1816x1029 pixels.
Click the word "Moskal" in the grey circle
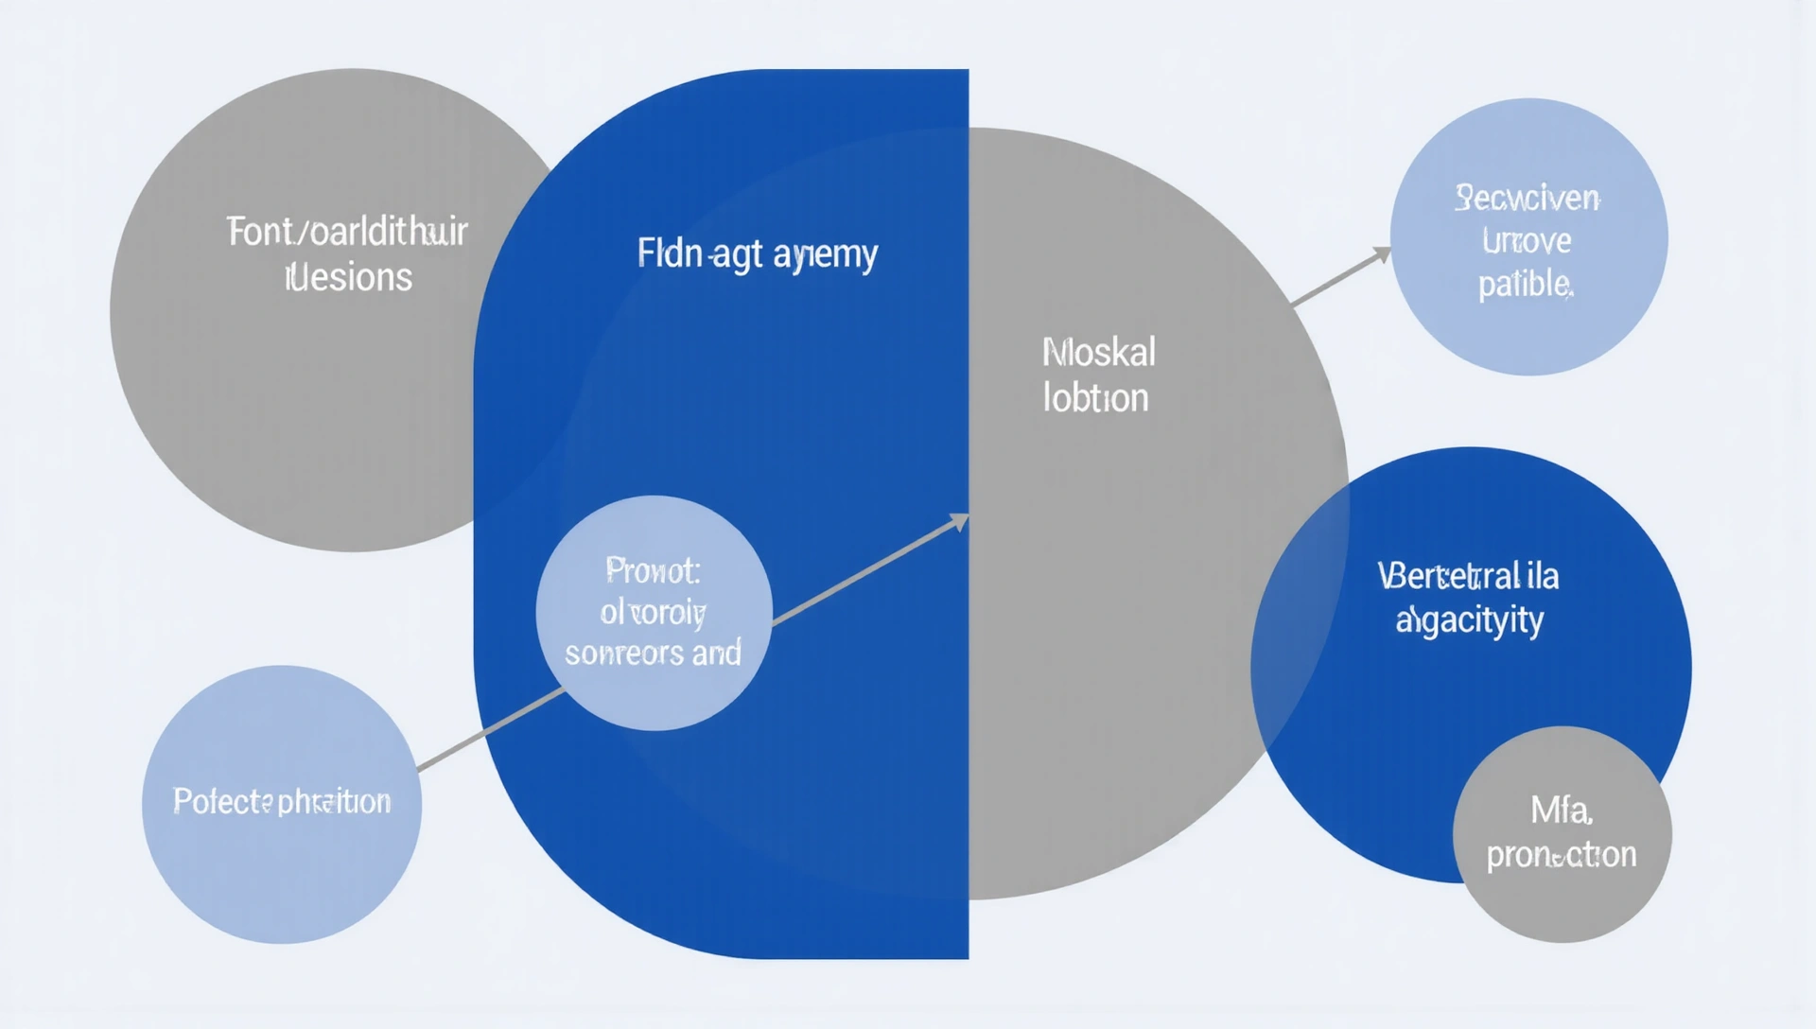[1098, 353]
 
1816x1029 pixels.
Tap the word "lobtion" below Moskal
[1095, 398]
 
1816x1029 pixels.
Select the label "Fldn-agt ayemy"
[757, 253]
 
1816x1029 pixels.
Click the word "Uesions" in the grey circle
[349, 277]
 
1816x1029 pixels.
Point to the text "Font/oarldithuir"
[347, 232]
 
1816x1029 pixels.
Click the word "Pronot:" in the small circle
[653, 570]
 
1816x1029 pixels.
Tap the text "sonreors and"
[653, 653]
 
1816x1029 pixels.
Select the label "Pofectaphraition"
[282, 801]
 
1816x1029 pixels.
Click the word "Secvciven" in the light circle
[1527, 198]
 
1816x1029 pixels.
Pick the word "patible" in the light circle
[1525, 283]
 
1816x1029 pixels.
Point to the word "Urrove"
[1527, 241]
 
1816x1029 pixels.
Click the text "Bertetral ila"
[1468, 575]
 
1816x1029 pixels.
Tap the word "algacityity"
[1469, 619]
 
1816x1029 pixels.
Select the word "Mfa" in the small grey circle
[1561, 810]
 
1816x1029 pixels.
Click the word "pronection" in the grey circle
[1561, 854]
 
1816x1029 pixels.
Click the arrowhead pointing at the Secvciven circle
[1383, 253]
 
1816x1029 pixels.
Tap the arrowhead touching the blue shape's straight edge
[960, 520]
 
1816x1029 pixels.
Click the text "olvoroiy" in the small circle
[653, 613]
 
